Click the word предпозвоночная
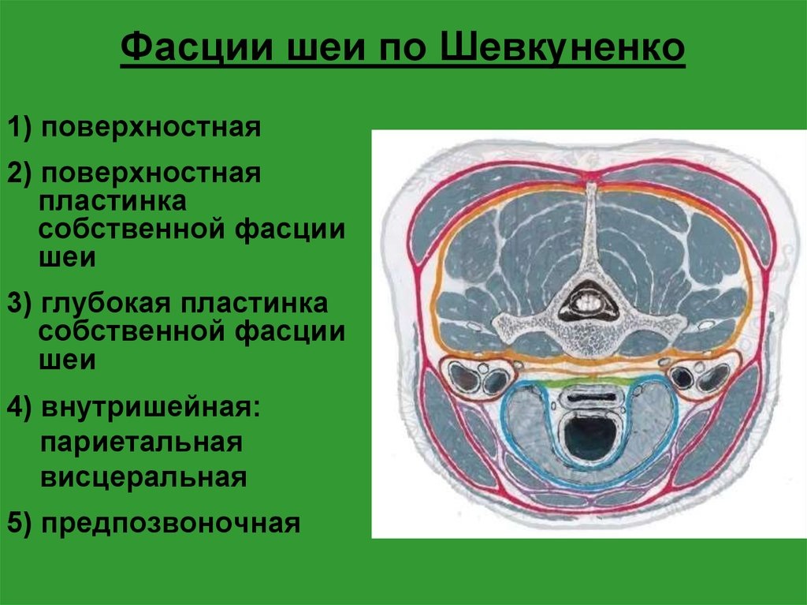[171, 522]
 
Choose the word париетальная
[140, 442]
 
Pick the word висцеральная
[143, 477]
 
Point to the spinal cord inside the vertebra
[586, 301]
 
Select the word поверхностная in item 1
[151, 127]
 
